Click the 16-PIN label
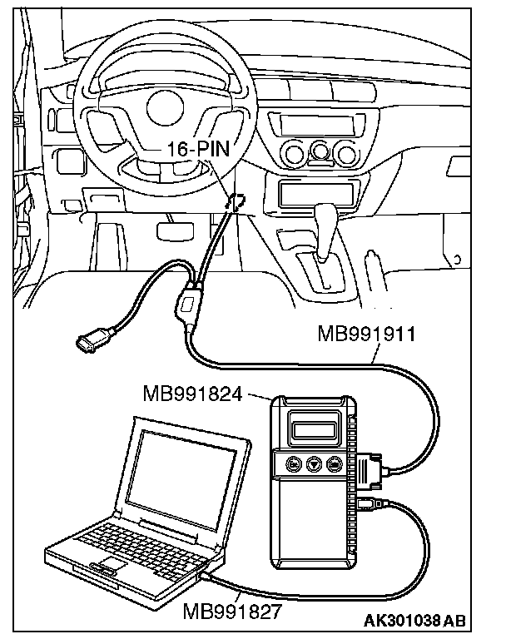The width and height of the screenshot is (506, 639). tap(198, 151)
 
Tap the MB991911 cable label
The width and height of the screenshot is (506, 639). tap(367, 334)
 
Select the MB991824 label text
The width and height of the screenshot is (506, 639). tap(192, 392)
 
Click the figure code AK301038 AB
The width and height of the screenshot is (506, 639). tap(414, 619)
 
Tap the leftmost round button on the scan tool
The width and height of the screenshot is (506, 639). tap(293, 464)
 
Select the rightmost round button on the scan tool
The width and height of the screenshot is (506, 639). tap(335, 464)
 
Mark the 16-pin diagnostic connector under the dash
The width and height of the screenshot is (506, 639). tap(236, 202)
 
